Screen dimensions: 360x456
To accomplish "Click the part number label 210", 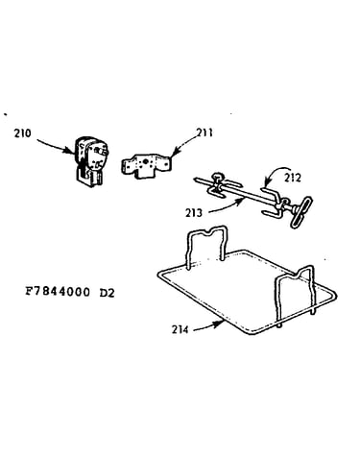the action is (22, 132).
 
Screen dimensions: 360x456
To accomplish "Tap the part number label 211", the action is (204, 132).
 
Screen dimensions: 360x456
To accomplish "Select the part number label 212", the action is (292, 178).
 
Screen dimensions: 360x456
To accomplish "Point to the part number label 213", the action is (194, 213).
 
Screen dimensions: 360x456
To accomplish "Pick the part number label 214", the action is (180, 329).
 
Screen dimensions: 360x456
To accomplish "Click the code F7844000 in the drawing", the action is (58, 292).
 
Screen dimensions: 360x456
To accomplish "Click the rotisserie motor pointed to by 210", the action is (89, 161).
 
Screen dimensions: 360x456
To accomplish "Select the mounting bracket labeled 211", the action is (146, 166).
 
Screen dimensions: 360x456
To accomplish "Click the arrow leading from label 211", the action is (185, 144).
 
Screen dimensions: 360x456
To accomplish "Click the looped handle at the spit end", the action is (301, 212).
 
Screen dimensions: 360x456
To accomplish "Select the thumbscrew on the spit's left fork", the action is (217, 178).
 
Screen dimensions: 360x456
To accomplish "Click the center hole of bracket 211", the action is (146, 162).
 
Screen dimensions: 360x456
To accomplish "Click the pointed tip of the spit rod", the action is (195, 180).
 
